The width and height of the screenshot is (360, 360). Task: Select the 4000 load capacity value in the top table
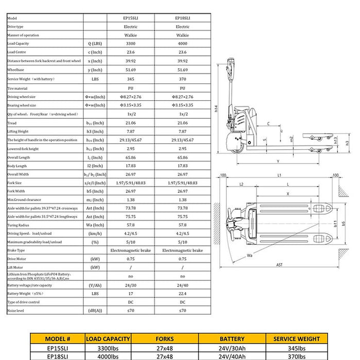[183, 44]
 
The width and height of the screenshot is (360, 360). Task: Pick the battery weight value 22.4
[183, 293]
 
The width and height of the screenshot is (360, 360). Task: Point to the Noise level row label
[16, 311]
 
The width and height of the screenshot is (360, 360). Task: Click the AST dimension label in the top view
[279, 265]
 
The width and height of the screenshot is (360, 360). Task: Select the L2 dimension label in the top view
[241, 184]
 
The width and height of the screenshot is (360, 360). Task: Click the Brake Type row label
[17, 250]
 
